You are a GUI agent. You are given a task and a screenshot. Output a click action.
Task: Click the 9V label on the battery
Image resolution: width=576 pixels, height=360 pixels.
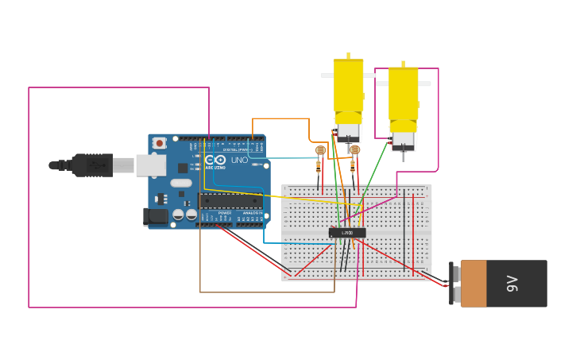(512, 284)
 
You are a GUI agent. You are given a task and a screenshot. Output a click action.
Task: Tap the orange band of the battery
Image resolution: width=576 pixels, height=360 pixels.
(474, 284)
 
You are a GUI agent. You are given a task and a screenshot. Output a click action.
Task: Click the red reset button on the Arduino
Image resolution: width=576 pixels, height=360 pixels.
(160, 143)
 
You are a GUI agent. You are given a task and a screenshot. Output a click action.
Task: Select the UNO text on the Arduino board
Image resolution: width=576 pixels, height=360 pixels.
(239, 160)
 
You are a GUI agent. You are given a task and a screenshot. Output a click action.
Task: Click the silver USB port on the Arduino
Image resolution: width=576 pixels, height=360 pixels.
(150, 165)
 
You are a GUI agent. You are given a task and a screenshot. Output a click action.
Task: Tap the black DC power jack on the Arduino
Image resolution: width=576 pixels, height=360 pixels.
(156, 216)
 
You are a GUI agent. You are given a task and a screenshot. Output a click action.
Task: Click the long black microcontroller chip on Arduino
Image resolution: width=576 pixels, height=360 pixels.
(230, 200)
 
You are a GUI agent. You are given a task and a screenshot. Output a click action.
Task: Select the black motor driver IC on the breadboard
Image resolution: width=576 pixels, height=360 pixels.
(347, 233)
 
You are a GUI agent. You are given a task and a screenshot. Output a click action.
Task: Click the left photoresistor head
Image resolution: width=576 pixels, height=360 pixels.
(320, 150)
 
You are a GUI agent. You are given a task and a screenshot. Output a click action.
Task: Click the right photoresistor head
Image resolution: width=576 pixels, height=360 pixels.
(354, 149)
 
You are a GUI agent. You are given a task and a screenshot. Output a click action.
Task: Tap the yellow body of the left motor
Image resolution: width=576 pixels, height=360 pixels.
(348, 90)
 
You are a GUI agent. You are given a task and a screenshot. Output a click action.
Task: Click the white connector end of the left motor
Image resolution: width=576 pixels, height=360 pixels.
(348, 132)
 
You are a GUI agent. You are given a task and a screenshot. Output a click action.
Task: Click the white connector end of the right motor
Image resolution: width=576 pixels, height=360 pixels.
(403, 140)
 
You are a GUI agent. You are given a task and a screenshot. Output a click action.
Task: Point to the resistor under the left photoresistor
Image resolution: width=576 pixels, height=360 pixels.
(319, 167)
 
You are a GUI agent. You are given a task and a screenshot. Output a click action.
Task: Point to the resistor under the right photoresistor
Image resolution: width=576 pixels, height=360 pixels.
(353, 166)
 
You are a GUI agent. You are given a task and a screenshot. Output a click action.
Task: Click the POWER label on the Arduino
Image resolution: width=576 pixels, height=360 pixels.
(225, 213)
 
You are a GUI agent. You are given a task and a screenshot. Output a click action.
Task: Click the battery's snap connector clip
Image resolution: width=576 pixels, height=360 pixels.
(454, 284)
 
